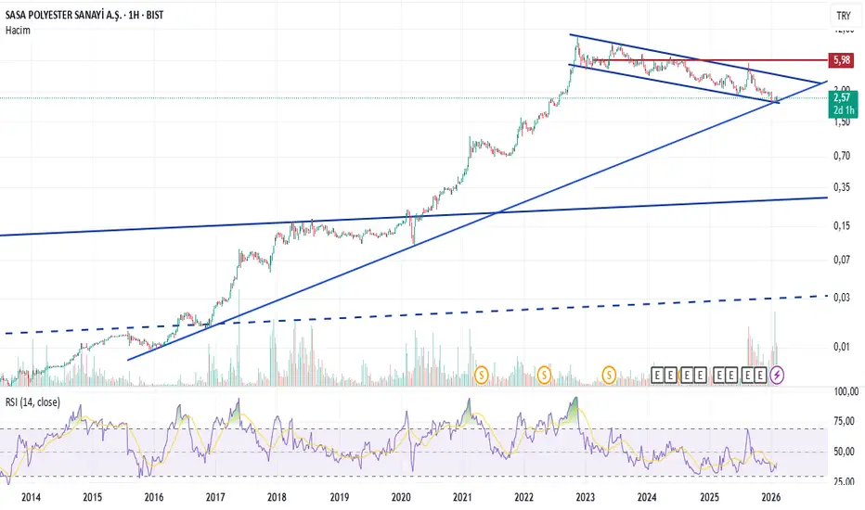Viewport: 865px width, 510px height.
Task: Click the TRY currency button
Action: [843, 17]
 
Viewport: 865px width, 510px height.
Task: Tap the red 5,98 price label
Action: [843, 60]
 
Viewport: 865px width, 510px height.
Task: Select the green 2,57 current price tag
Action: [843, 96]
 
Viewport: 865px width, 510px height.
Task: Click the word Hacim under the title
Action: [18, 31]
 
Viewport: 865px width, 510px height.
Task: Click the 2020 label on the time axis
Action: [401, 498]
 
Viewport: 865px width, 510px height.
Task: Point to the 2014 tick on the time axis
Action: [30, 498]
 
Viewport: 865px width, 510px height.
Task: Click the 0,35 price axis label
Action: [843, 187]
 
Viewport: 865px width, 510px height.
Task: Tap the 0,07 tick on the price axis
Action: [843, 260]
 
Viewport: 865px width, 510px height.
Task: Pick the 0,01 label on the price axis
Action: [843, 347]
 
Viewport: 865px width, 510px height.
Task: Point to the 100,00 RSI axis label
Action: [845, 392]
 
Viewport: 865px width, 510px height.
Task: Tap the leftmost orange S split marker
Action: [481, 375]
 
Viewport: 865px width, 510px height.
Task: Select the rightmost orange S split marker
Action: [610, 375]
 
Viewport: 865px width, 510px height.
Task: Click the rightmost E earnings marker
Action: [759, 375]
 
